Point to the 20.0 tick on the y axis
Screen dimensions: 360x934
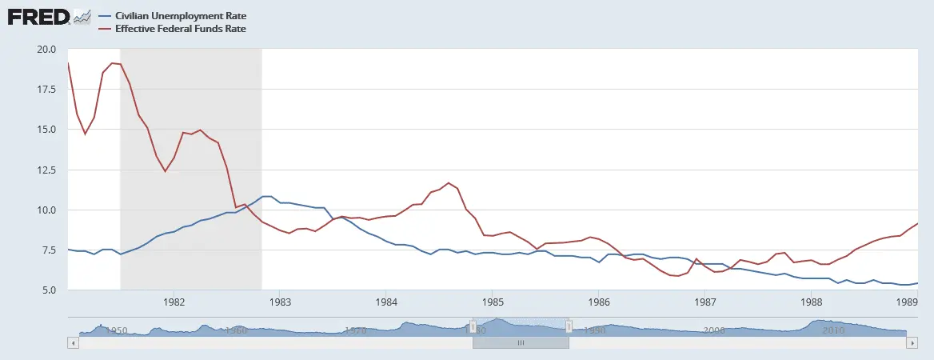[46, 49]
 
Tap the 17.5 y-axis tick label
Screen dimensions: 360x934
[46, 89]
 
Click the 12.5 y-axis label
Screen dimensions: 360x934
[46, 170]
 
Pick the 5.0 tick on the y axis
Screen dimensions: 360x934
[46, 290]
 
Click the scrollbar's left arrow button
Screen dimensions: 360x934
[74, 342]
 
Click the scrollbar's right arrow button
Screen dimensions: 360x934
[910, 342]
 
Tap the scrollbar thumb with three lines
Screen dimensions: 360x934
[521, 342]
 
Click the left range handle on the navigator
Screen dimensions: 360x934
[473, 326]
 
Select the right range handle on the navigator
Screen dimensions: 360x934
[569, 326]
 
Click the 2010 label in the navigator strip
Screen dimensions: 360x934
[834, 330]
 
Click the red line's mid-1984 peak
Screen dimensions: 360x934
[449, 182]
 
